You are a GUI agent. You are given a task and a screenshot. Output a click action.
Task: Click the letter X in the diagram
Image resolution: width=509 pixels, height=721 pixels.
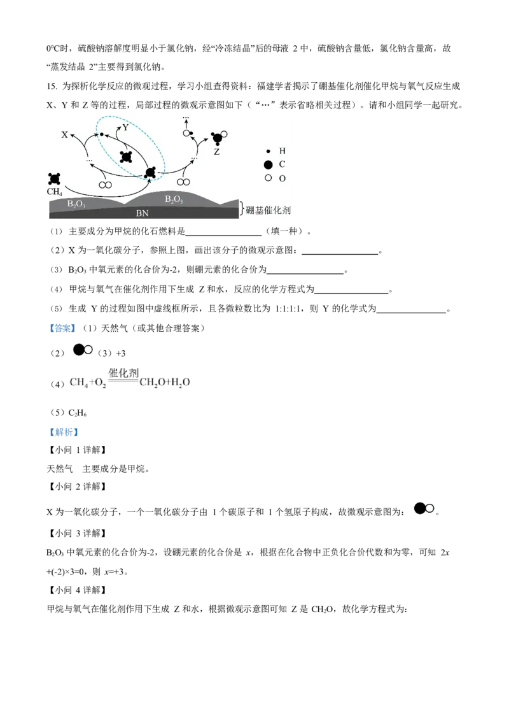point(64,135)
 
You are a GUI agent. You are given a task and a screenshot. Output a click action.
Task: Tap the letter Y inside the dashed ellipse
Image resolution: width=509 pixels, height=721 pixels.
point(125,128)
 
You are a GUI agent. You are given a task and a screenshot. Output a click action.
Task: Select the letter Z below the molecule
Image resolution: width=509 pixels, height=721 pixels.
point(216,152)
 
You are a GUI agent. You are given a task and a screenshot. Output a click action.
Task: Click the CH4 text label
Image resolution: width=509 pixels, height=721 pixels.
point(55,190)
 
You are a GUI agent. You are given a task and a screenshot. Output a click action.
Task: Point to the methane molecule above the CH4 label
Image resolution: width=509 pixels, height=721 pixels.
point(54,179)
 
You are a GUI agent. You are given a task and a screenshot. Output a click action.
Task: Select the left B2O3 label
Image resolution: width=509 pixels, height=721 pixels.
point(76,204)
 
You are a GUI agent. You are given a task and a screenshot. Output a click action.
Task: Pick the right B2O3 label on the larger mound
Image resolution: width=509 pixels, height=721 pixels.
point(174,199)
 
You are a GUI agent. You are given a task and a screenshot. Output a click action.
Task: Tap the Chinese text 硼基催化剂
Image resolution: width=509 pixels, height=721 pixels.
point(268,210)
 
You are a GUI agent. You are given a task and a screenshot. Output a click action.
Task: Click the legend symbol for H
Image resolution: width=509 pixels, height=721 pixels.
point(268,151)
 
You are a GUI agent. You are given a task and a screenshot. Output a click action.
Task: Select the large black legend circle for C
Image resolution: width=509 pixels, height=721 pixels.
point(268,164)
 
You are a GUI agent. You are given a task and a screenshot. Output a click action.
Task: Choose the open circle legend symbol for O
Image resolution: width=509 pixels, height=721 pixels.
point(268,178)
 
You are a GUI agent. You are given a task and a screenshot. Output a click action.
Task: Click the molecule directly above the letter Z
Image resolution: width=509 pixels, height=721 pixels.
point(218,138)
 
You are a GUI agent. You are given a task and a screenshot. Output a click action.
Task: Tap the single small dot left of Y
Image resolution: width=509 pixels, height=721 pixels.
point(101,134)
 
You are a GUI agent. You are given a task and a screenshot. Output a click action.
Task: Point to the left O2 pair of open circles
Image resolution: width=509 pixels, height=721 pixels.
point(106,185)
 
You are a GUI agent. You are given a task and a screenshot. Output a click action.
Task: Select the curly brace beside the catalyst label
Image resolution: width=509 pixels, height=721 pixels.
point(241,208)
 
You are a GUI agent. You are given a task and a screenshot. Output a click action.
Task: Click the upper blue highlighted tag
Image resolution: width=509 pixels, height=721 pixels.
point(61,329)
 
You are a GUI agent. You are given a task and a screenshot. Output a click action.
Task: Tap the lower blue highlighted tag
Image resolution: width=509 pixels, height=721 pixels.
point(64,432)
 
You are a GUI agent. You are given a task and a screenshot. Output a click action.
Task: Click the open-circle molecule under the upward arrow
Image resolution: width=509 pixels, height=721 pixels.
point(188,133)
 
